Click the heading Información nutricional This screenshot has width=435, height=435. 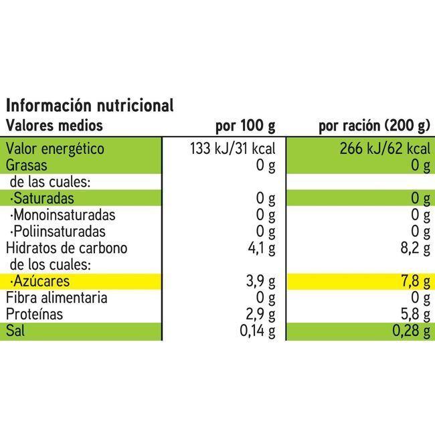(90, 105)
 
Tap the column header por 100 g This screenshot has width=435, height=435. (245, 125)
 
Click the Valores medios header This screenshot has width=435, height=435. (55, 125)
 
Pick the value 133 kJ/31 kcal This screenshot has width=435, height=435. (228, 149)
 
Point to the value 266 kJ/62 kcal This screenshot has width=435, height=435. (384, 149)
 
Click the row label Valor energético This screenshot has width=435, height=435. (55, 149)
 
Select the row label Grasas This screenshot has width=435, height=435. (26, 165)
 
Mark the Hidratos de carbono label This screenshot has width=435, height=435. (66, 248)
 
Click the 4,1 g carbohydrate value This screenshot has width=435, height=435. (262, 248)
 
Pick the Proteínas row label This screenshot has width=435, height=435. (35, 315)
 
